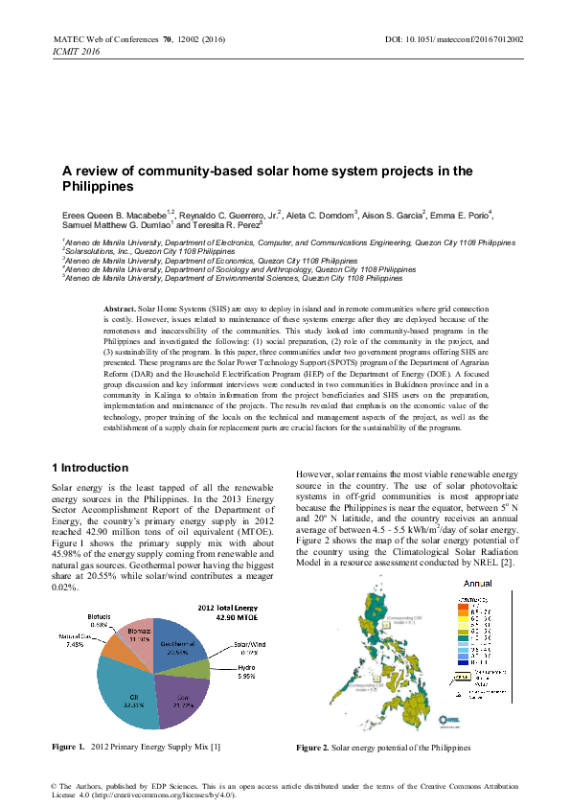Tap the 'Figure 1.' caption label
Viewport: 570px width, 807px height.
point(67,747)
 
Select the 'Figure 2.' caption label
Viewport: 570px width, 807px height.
point(313,747)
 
